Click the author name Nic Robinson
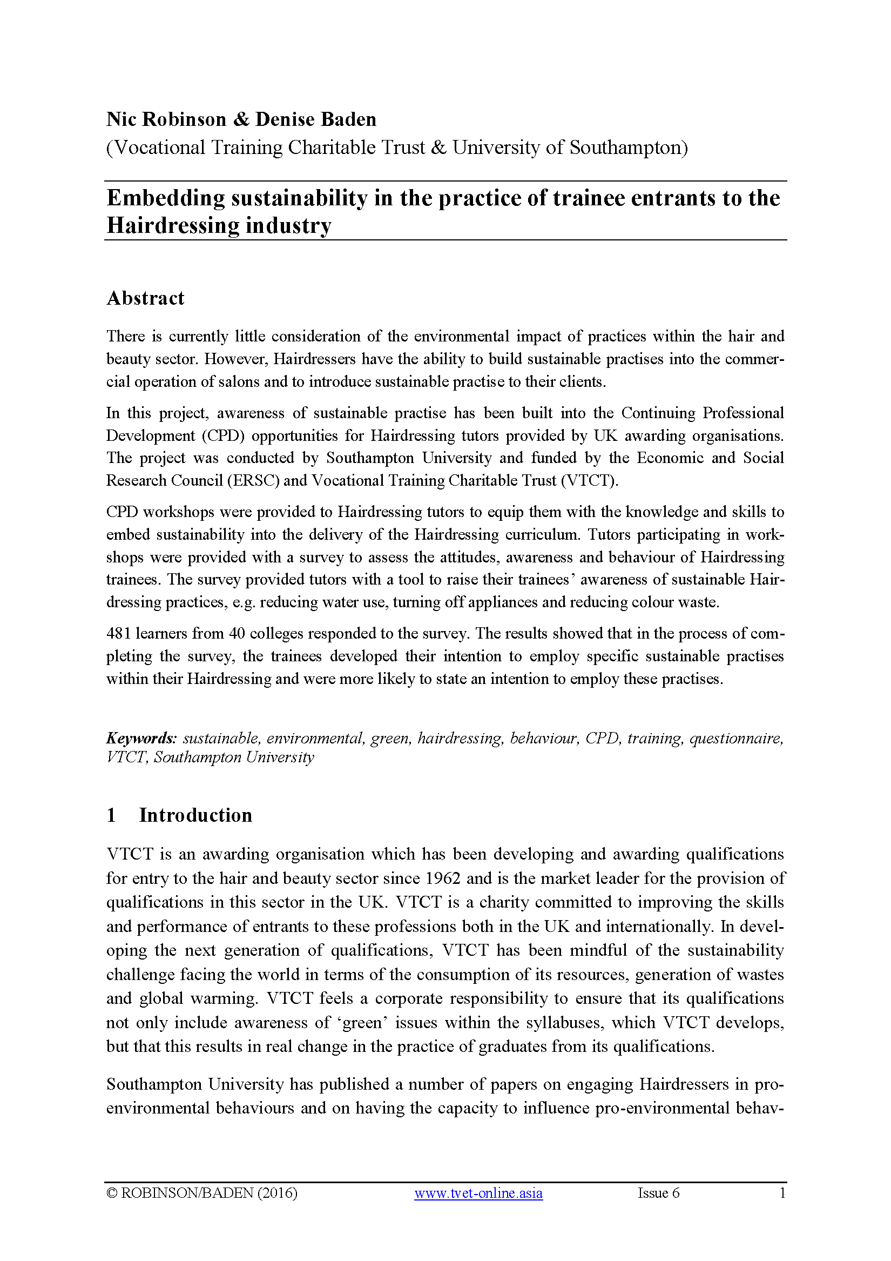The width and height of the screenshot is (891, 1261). [x=166, y=120]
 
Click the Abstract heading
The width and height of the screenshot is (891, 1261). [x=145, y=298]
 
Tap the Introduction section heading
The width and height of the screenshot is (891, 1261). [x=195, y=815]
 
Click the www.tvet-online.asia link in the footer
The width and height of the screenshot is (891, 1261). [x=478, y=1193]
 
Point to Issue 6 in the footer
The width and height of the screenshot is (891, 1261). [x=658, y=1193]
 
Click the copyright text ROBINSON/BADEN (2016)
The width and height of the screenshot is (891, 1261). [x=208, y=1193]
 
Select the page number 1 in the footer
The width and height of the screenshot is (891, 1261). [x=782, y=1193]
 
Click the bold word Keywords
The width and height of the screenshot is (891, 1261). [x=141, y=738]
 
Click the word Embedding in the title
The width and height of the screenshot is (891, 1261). [x=165, y=198]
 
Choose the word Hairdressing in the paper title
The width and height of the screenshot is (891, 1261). [x=172, y=226]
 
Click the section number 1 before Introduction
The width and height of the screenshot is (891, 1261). [x=111, y=815]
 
